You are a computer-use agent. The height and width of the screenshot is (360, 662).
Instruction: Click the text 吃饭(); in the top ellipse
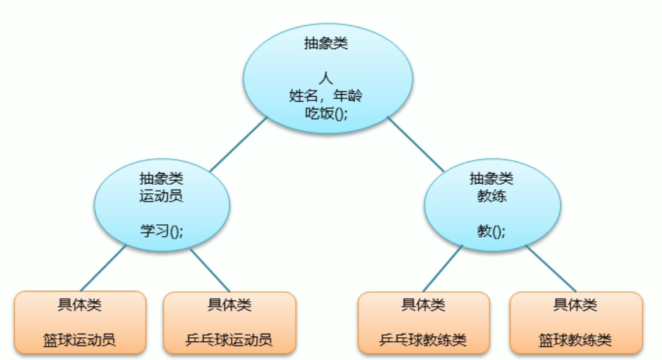pyautogui.click(x=326, y=113)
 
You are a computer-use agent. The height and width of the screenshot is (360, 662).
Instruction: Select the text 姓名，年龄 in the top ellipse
pyautogui.click(x=326, y=96)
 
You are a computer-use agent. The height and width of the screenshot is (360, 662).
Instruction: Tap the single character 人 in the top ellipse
pyautogui.click(x=326, y=78)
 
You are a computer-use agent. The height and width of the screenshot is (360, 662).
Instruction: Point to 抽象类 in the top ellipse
pyautogui.click(x=326, y=43)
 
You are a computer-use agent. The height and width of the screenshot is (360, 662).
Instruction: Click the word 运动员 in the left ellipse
pyautogui.click(x=161, y=196)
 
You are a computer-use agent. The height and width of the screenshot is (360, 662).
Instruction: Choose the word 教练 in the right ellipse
pyautogui.click(x=492, y=196)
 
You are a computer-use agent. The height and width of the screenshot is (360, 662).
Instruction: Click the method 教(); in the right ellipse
pyautogui.click(x=492, y=231)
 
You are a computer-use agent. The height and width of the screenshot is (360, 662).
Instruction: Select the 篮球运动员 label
pyautogui.click(x=80, y=339)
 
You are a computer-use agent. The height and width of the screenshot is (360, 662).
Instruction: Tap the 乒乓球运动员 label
pyautogui.click(x=229, y=339)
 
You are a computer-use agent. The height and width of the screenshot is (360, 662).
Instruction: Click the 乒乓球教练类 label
pyautogui.click(x=423, y=339)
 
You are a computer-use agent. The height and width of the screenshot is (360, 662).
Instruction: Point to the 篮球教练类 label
pyautogui.click(x=575, y=339)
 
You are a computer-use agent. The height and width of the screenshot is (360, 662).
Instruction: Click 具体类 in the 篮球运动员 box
pyautogui.click(x=80, y=305)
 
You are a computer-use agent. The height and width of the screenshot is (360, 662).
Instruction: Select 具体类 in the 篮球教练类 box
pyautogui.click(x=575, y=305)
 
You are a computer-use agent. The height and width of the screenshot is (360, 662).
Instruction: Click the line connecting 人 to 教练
pyautogui.click(x=415, y=144)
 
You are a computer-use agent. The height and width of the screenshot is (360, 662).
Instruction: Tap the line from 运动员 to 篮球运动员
pyautogui.click(x=102, y=269)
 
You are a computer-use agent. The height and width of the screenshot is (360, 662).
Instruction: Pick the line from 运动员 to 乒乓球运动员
pyautogui.click(x=210, y=269)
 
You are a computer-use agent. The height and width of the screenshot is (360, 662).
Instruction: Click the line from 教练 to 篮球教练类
pyautogui.click(x=551, y=269)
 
